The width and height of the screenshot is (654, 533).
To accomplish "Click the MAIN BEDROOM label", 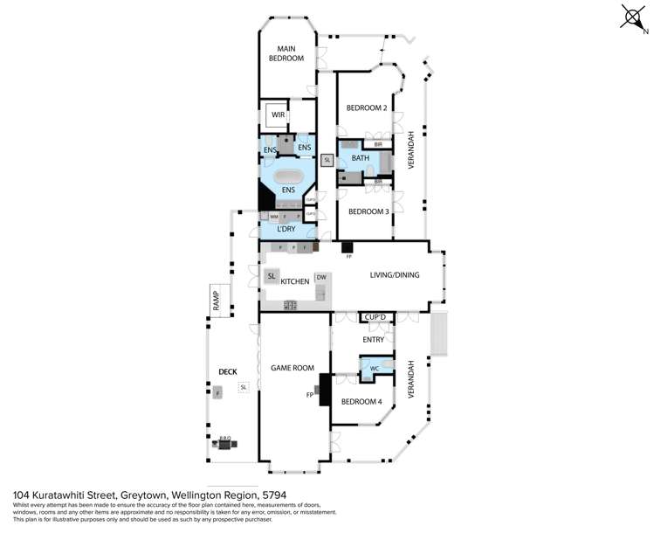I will coord(290,53).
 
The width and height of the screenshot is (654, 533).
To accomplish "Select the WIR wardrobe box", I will coord(279,114).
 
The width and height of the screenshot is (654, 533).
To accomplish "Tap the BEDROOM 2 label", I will coord(366,108).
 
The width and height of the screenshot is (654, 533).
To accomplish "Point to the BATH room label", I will coord(360,158).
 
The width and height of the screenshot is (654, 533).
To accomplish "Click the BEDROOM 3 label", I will coord(368,211).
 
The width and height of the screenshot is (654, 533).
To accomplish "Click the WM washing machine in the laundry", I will coord(273,216).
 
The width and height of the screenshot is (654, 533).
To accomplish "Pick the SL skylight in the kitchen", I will coord(272,276).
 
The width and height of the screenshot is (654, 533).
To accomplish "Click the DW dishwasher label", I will coord(321,277).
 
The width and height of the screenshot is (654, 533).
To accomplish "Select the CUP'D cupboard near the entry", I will coord(375,317).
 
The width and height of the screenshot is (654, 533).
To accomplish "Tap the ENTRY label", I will coord(375,340).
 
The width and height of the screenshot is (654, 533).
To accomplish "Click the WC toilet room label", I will coord(374,369).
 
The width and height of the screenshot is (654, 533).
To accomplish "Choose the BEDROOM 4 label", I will coord(361,401).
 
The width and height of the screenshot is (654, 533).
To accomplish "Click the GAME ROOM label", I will coord(292,368).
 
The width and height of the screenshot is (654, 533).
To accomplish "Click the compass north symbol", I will coord(631,18).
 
